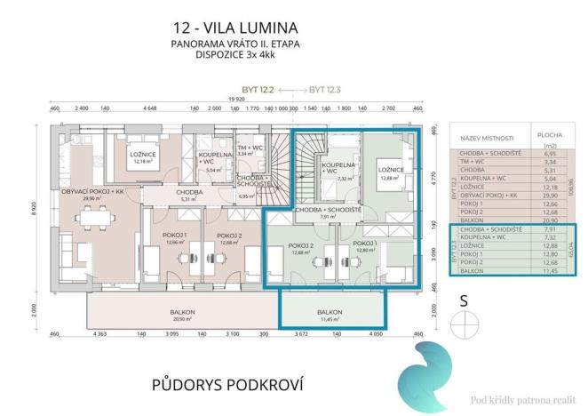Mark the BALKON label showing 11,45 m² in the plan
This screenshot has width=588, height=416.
[x=332, y=314]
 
